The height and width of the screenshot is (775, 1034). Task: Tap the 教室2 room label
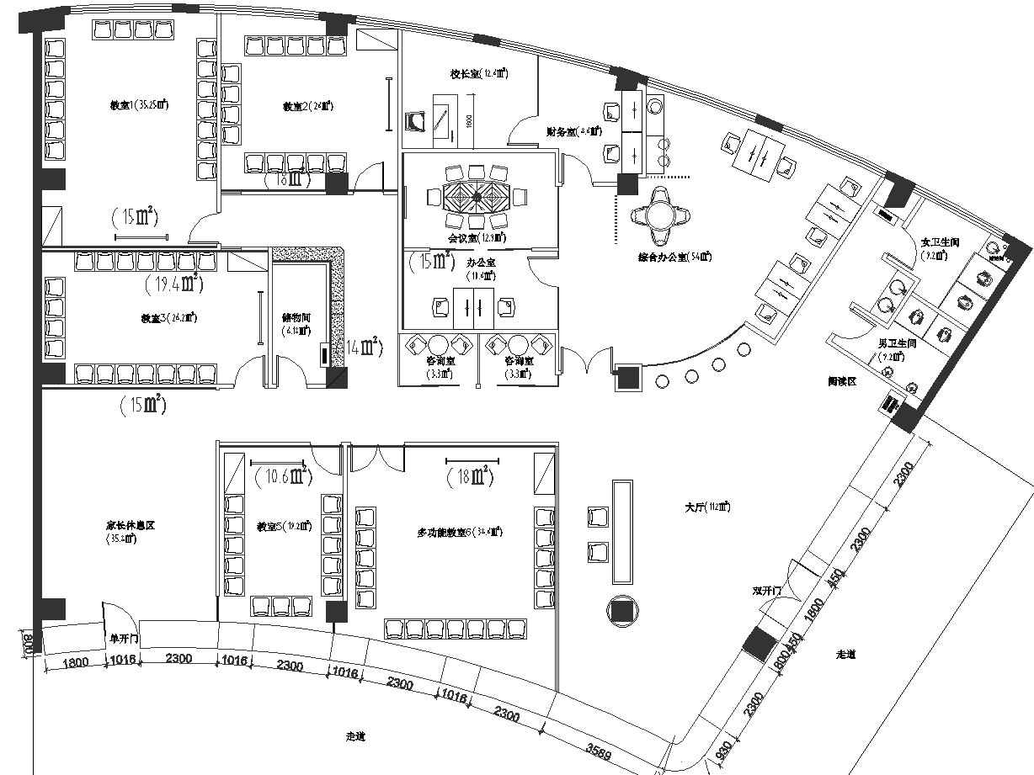click(307, 107)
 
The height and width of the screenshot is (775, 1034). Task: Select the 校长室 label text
click(477, 74)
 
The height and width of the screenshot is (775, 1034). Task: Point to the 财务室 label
click(573, 131)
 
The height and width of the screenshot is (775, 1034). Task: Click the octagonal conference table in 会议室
click(477, 197)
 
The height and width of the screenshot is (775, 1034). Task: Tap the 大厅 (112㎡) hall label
click(707, 507)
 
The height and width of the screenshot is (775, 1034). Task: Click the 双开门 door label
click(769, 591)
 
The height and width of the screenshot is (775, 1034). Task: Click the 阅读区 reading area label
click(840, 381)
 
